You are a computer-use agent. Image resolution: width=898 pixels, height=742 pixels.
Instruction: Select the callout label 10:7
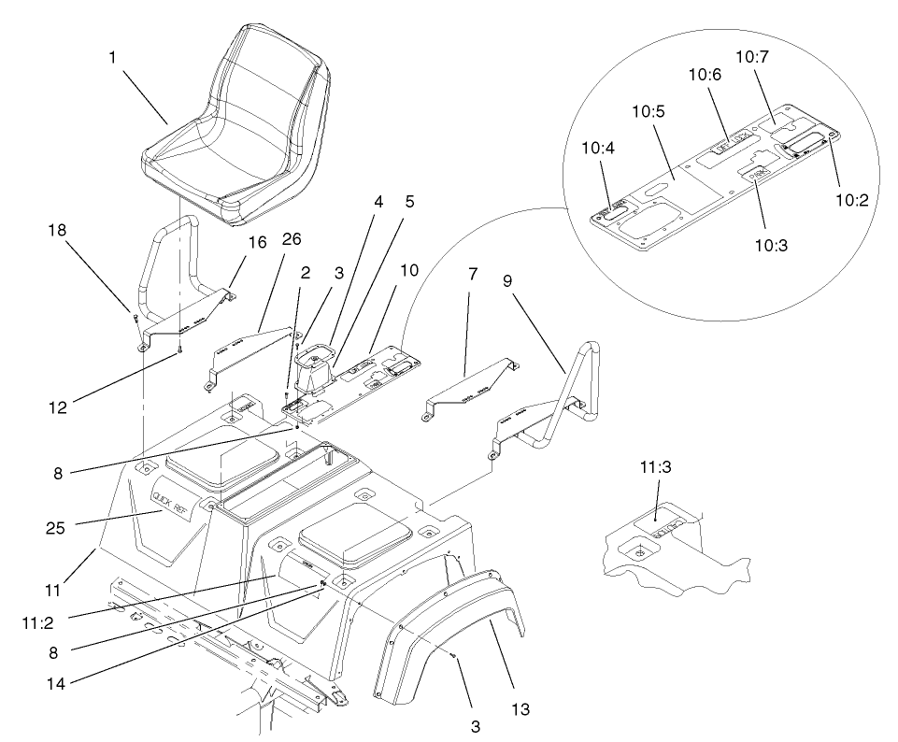(752, 58)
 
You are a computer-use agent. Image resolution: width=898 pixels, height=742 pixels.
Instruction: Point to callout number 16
(258, 242)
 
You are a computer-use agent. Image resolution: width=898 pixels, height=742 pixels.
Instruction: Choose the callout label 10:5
(647, 110)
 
